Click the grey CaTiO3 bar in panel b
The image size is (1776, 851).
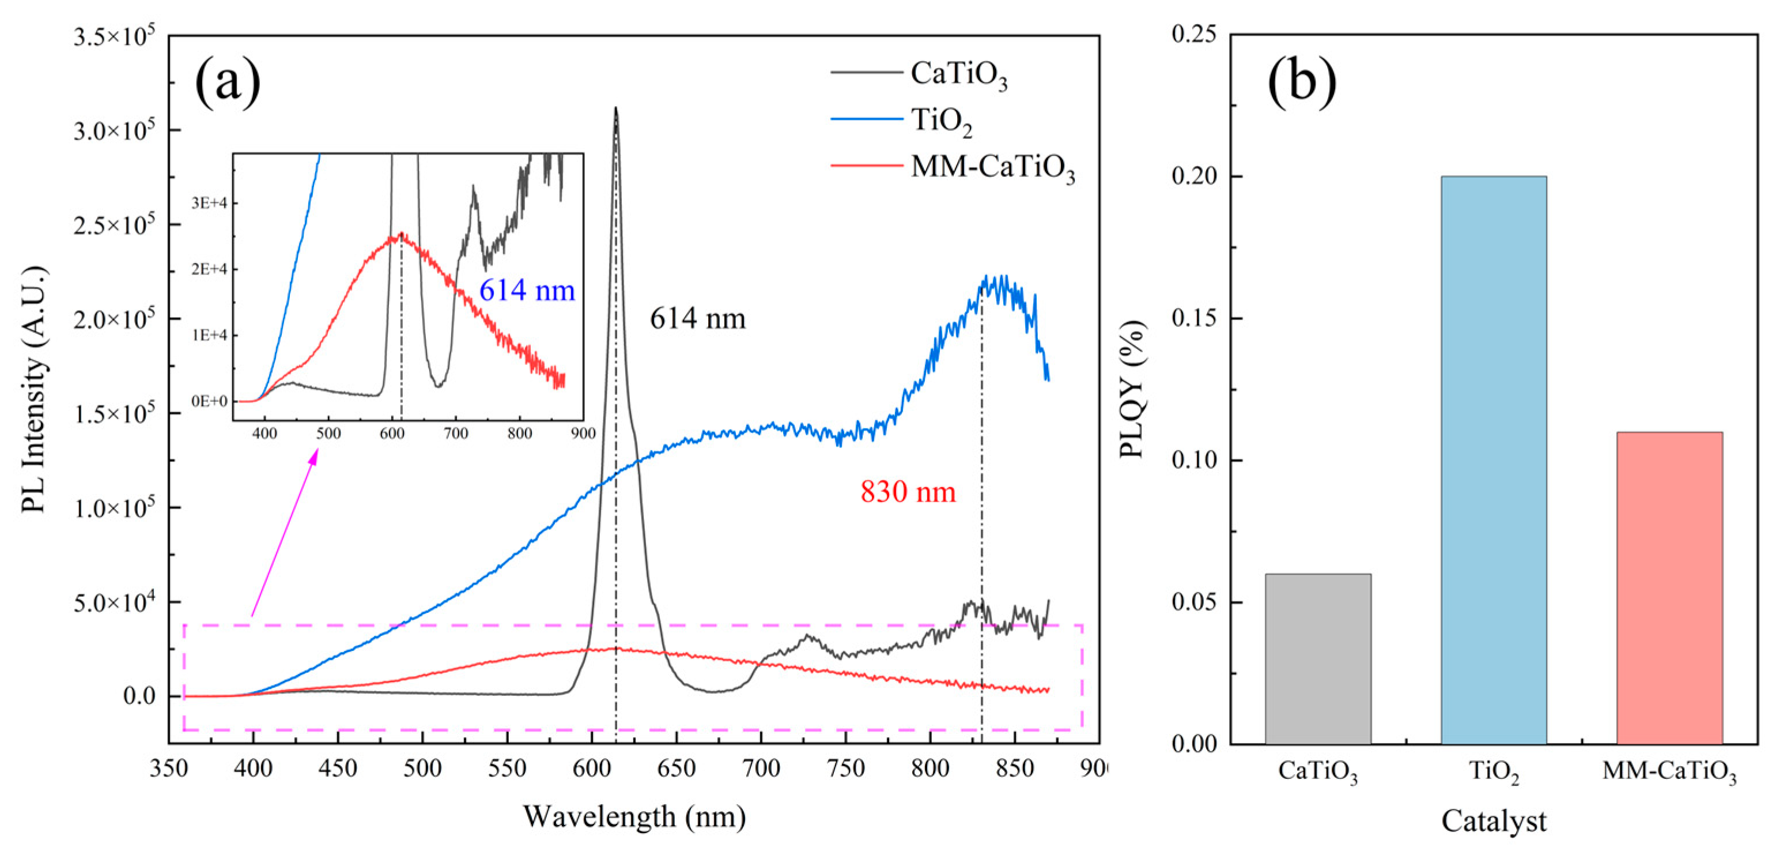tap(1317, 658)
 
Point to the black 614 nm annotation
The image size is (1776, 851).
tap(698, 319)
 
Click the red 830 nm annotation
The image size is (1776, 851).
tap(908, 492)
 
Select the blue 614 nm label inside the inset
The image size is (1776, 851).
tap(527, 291)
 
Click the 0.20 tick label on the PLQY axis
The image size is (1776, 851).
tap(1192, 176)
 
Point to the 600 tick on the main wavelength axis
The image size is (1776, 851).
tap(592, 767)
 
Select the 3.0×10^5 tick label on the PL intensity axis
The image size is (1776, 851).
tap(114, 130)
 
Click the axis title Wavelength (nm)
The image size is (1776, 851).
tap(634, 816)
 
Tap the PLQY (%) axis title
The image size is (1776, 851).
tap(1131, 390)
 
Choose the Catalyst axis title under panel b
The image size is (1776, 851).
tap(1493, 820)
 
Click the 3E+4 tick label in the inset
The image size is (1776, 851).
tap(209, 203)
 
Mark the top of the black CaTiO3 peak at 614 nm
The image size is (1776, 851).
tap(615, 108)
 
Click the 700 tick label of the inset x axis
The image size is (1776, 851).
tap(456, 433)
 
